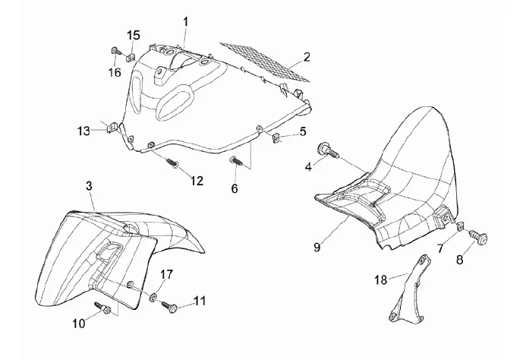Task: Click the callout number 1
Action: click(185, 23)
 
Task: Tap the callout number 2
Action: click(307, 57)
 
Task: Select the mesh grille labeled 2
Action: click(264, 62)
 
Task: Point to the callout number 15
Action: click(134, 35)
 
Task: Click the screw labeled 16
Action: click(114, 52)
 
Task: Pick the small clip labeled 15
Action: click(131, 58)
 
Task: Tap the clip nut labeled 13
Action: click(112, 128)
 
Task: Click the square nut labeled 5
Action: click(276, 137)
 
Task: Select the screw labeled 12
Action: click(172, 163)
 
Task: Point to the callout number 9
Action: click(317, 248)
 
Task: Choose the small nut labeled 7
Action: click(460, 226)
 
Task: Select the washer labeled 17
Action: click(153, 297)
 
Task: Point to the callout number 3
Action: click(90, 186)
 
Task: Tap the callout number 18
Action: click(381, 279)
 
